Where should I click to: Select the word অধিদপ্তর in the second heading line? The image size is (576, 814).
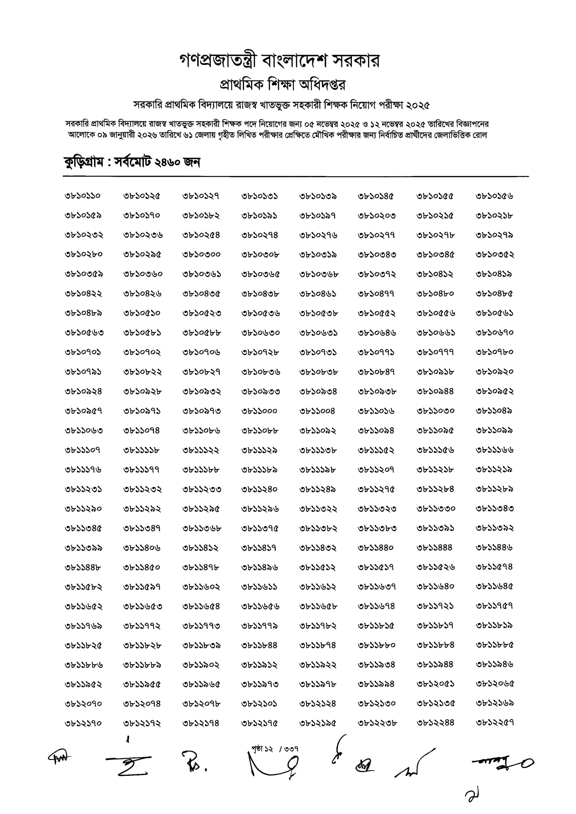click(x=322, y=84)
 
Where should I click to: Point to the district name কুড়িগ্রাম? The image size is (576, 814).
click(x=84, y=162)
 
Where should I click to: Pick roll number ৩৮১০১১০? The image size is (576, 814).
click(x=83, y=196)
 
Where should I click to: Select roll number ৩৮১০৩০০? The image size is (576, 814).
click(x=201, y=255)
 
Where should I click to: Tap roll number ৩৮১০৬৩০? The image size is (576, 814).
click(x=260, y=333)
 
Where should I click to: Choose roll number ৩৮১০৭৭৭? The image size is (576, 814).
click(x=435, y=352)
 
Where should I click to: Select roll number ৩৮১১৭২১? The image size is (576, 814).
click(x=435, y=606)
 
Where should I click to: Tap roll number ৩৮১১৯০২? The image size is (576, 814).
click(x=201, y=665)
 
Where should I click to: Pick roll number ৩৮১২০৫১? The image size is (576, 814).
click(x=435, y=684)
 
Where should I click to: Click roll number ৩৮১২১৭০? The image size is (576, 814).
click(x=83, y=723)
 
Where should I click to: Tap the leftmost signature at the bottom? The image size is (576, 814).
click(x=59, y=757)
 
